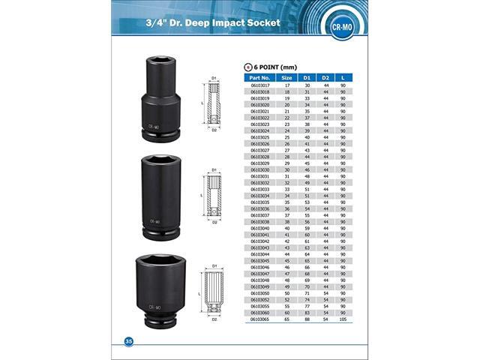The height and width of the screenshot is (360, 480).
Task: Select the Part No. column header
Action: click(259, 76)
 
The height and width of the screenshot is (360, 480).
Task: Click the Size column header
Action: click(286, 76)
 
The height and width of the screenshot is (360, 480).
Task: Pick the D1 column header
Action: click(307, 76)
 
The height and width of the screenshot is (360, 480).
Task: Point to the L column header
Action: click(342, 76)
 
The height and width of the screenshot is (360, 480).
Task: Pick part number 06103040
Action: click(259, 227)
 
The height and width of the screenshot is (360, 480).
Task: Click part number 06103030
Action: click(259, 170)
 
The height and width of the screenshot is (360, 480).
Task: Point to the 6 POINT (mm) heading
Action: click(271, 67)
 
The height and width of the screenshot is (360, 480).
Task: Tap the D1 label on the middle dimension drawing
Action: click(214, 170)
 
